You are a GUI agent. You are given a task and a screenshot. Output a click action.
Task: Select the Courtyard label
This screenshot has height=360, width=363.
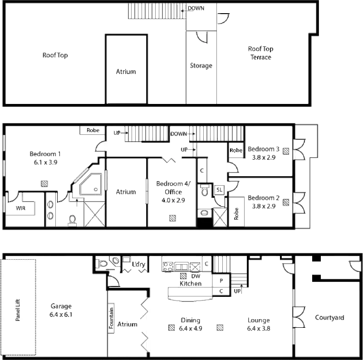pos(329,317)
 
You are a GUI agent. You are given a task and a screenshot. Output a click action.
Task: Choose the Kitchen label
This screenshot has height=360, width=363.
pos(190,283)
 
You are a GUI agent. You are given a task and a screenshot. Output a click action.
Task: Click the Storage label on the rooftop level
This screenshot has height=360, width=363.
pos(201,66)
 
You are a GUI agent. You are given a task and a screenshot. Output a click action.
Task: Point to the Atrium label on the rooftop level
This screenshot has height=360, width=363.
pos(127,72)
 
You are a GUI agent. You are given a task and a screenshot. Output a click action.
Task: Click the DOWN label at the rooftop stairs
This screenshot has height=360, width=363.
pos(196,8)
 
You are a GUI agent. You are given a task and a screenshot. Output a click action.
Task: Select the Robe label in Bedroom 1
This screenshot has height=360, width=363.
pos(93,131)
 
